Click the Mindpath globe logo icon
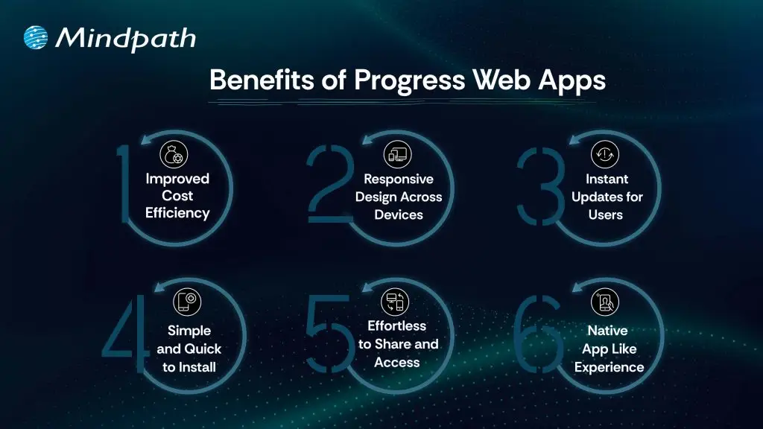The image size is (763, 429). point(36,38)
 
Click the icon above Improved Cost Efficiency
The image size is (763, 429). point(174,155)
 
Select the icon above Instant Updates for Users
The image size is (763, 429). point(605,155)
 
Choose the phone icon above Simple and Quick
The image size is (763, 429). point(187,302)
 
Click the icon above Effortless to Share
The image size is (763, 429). point(395,302)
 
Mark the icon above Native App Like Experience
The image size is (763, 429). point(604,302)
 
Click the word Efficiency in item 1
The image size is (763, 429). point(177,213)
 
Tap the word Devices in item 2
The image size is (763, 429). point(399,215)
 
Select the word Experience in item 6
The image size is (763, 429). point(609,367)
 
